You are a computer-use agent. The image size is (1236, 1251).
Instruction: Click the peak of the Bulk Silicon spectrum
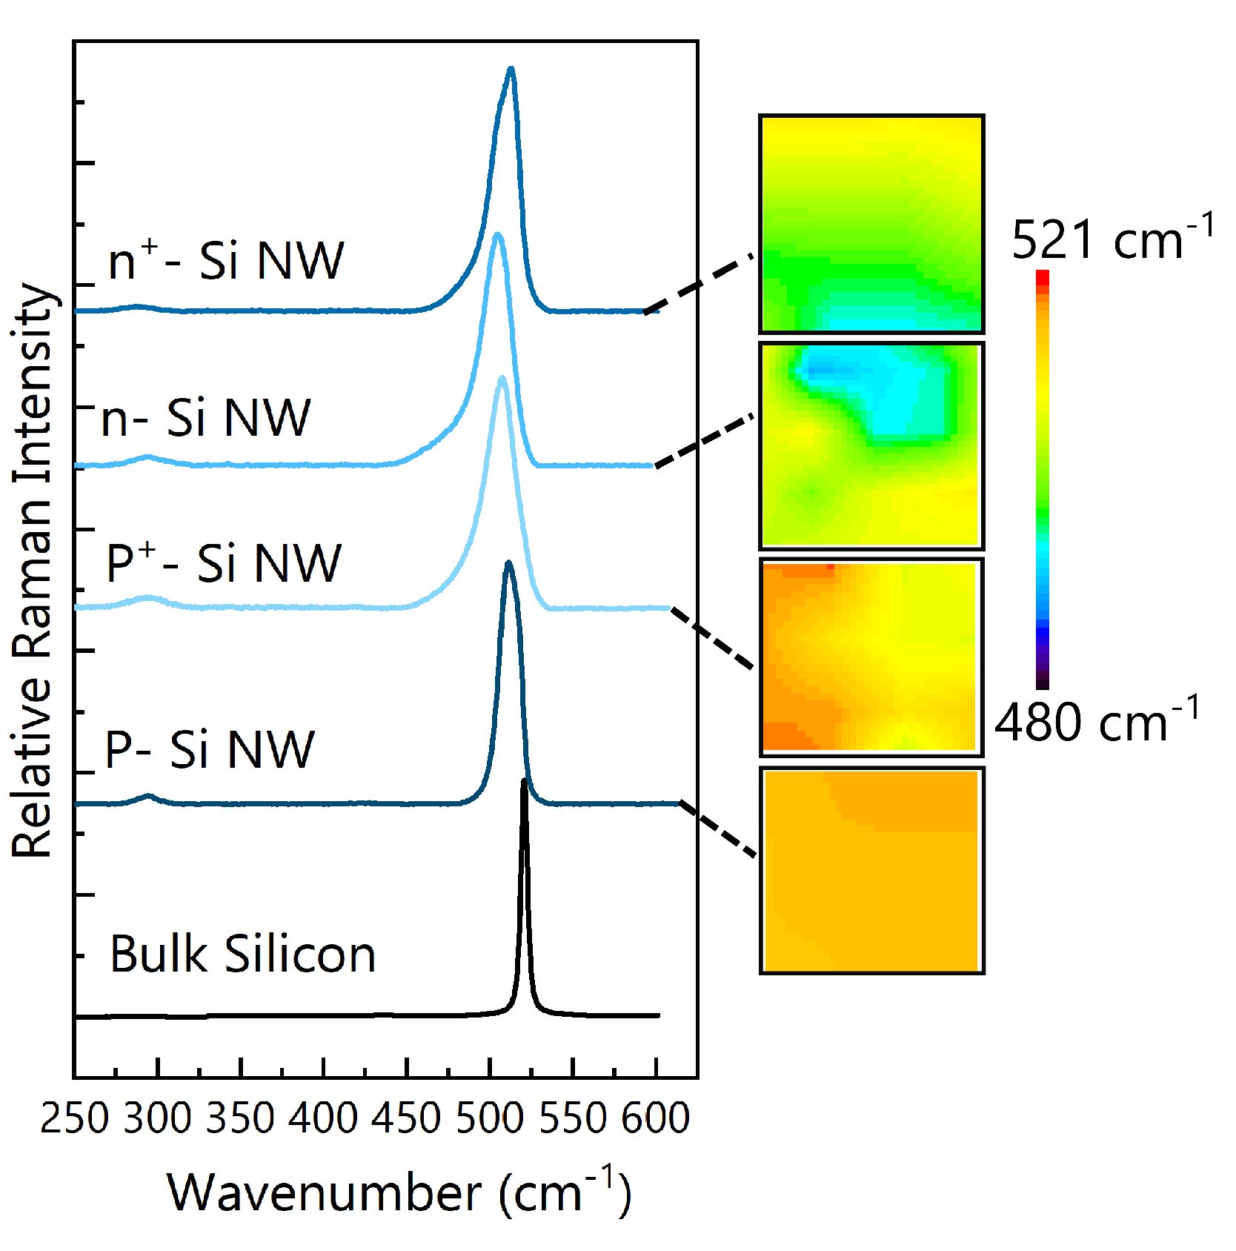[525, 781]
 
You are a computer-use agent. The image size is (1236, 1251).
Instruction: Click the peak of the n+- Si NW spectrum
[511, 70]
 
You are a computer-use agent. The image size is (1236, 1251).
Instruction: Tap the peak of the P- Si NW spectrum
[508, 563]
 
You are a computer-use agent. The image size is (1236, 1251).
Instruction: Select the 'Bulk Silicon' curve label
[243, 954]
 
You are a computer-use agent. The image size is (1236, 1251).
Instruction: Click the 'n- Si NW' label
[206, 417]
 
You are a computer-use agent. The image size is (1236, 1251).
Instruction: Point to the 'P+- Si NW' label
[224, 563]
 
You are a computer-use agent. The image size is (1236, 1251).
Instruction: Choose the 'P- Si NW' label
[210, 749]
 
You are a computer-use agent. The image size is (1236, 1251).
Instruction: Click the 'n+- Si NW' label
[226, 260]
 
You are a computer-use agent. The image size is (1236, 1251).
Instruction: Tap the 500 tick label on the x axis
[490, 1118]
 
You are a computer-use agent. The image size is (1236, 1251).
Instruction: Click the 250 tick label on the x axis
[74, 1118]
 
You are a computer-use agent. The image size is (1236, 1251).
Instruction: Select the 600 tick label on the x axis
[656, 1118]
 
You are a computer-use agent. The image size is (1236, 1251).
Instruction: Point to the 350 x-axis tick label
[240, 1118]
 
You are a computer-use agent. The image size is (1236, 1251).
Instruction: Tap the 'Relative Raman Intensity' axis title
[33, 571]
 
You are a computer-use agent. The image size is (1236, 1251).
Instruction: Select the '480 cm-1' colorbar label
[1097, 720]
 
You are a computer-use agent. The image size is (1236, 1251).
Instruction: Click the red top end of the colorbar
[1043, 277]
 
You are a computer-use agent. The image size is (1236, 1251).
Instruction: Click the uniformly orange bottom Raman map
[871, 871]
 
